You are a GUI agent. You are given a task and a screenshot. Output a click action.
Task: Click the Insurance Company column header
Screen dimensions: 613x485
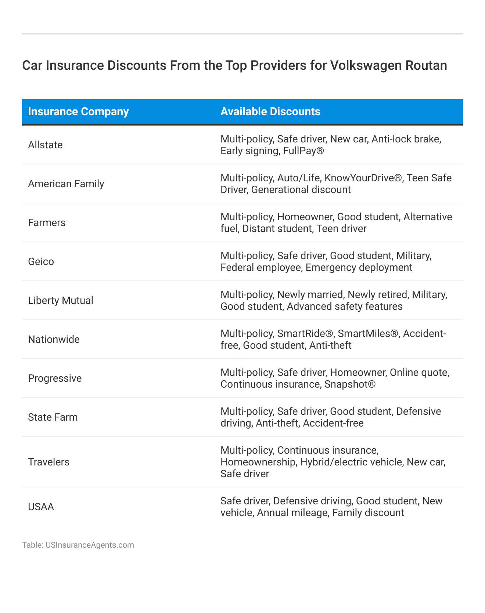[x=78, y=112]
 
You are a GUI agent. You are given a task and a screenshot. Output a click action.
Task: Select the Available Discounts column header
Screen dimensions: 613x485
[x=270, y=112]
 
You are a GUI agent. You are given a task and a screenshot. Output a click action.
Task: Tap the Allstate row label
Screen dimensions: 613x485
[x=45, y=145]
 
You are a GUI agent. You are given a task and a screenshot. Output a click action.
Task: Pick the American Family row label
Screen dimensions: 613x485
[x=66, y=184]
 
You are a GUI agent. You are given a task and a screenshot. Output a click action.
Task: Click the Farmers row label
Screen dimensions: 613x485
[x=47, y=223]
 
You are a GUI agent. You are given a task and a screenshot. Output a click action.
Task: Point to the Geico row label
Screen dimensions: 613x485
[x=41, y=262]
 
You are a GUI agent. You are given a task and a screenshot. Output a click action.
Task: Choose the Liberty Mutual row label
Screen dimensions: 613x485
[x=61, y=301]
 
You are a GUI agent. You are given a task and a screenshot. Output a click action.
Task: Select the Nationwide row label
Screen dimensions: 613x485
[x=54, y=340]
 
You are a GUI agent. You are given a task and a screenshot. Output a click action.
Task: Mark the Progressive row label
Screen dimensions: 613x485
[x=55, y=378]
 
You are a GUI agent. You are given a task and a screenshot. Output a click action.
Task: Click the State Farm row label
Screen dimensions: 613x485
[x=53, y=417]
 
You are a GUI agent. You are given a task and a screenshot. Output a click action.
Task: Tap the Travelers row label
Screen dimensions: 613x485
[x=48, y=462]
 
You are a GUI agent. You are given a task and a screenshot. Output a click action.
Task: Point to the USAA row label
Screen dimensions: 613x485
[x=41, y=507]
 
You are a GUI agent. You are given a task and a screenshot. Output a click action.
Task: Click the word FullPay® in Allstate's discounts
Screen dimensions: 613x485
[x=303, y=151]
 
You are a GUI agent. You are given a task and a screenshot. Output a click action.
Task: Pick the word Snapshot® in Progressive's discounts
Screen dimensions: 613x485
[x=350, y=384]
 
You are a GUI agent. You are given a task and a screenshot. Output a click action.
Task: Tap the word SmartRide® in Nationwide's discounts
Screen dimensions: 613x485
[x=305, y=334]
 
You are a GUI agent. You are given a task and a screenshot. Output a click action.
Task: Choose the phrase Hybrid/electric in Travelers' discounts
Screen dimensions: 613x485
[x=333, y=462]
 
